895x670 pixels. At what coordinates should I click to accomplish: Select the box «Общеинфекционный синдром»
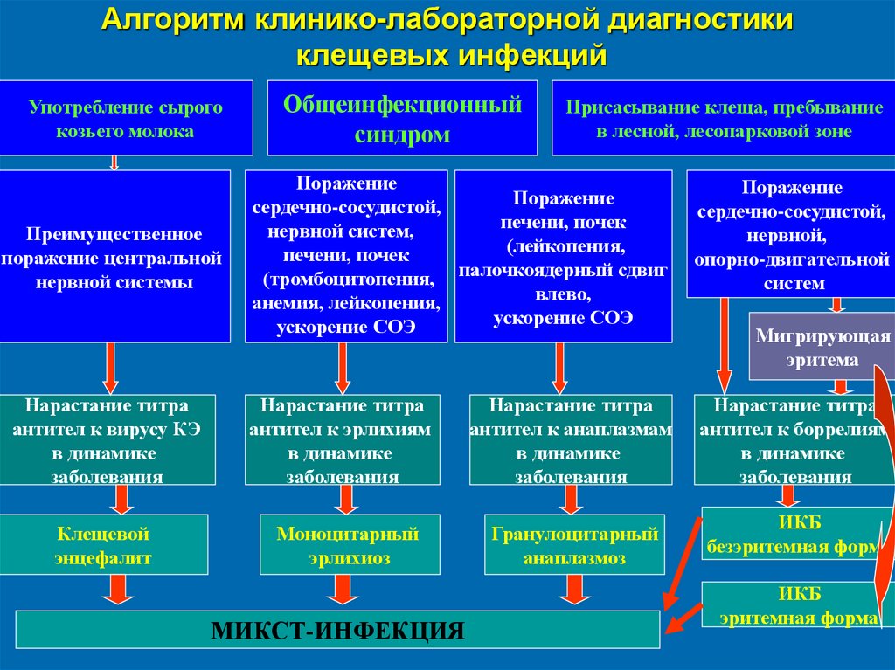click(402, 119)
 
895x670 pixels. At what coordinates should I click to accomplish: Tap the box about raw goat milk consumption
click(126, 119)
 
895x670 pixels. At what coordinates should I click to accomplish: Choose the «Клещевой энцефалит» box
click(104, 545)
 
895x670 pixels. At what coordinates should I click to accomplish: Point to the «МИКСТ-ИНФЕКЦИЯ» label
click(337, 630)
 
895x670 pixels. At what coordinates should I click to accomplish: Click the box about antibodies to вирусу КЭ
click(107, 440)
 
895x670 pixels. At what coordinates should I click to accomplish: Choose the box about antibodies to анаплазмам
click(571, 440)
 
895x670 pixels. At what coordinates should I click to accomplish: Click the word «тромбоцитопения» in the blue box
click(350, 280)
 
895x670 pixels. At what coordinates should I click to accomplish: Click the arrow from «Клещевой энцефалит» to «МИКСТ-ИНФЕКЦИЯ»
click(117, 592)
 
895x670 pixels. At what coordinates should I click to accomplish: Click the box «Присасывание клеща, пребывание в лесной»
click(723, 119)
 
